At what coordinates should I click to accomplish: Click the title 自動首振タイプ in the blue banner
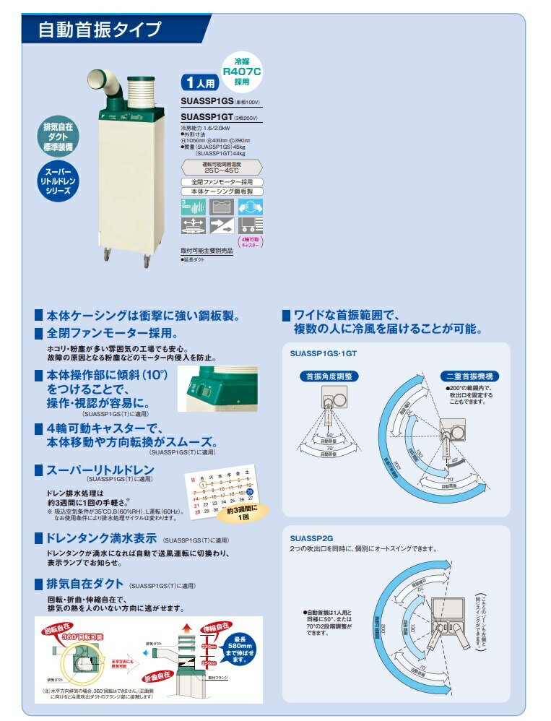(x=100, y=30)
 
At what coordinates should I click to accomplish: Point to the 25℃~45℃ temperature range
(x=221, y=170)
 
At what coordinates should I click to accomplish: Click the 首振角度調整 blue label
(x=328, y=376)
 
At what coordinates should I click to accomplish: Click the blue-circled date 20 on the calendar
(x=249, y=491)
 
